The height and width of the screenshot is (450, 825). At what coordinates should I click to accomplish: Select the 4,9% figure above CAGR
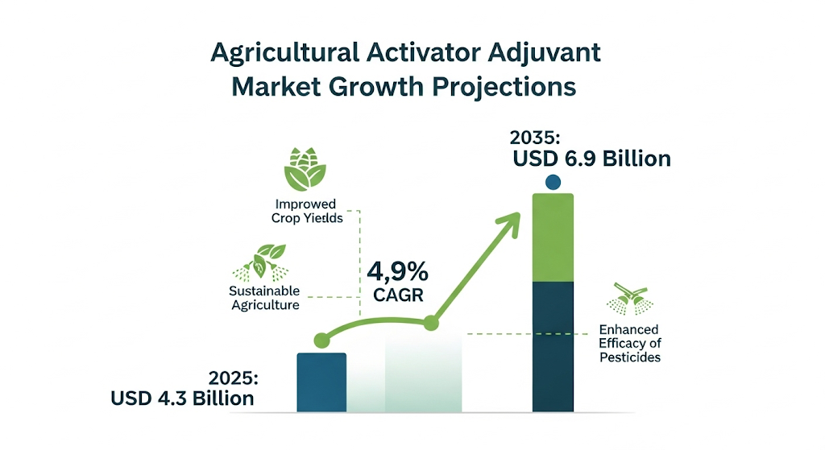pyautogui.click(x=398, y=272)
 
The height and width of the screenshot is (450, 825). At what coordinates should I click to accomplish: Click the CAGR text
pyautogui.click(x=398, y=295)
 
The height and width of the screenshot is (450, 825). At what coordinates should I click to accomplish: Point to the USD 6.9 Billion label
pyautogui.click(x=592, y=159)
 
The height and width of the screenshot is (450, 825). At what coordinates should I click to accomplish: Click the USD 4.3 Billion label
pyautogui.click(x=182, y=398)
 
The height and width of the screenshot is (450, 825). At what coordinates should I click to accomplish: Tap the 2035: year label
pyautogui.click(x=535, y=138)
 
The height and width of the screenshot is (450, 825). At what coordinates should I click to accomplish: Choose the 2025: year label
pyautogui.click(x=234, y=378)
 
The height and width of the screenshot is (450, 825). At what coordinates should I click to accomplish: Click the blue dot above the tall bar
pyautogui.click(x=553, y=183)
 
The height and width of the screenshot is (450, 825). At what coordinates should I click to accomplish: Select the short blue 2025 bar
pyautogui.click(x=321, y=382)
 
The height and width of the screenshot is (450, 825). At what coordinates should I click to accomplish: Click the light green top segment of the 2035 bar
pyautogui.click(x=553, y=237)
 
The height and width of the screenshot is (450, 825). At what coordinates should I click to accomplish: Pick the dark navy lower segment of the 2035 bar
pyautogui.click(x=553, y=347)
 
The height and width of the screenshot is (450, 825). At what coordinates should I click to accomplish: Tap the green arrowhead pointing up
pyautogui.click(x=509, y=222)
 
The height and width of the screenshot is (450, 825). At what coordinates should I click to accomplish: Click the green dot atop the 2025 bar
pyautogui.click(x=321, y=341)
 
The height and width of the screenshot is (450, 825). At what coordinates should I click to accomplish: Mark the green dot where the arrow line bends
pyautogui.click(x=431, y=323)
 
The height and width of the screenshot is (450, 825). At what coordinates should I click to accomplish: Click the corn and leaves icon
pyautogui.click(x=305, y=169)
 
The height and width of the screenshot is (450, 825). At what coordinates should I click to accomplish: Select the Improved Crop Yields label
pyautogui.click(x=307, y=211)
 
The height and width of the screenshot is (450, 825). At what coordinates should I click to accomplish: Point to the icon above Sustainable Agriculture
pyautogui.click(x=262, y=262)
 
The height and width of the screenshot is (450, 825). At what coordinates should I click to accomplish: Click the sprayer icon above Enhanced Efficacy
pyautogui.click(x=630, y=299)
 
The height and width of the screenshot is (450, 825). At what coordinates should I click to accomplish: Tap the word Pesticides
pyautogui.click(x=630, y=357)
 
